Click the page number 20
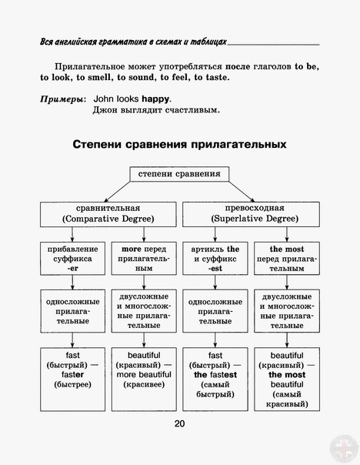pos(179,423)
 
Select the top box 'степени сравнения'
pos(179,174)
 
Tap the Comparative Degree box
pos(108,215)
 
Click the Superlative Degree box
pos(251,215)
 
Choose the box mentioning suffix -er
pos(72,259)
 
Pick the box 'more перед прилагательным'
pos(144,259)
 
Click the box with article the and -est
pos(215,259)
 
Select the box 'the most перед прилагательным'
pos(287,259)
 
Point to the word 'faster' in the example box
pos(72,375)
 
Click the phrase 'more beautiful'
pos(144,375)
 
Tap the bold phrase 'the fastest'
pos(215,375)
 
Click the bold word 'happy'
pos(155,99)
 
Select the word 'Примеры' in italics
pos(62,99)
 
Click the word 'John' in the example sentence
pos(103,99)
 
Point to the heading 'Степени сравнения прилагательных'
pos(179,145)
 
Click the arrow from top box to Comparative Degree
pos(117,192)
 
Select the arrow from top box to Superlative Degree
pos(242,192)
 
